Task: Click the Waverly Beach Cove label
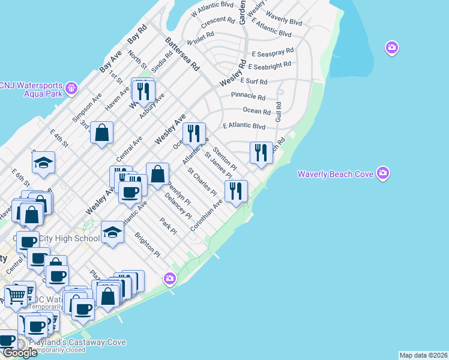(336, 175)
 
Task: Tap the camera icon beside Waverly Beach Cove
(384, 174)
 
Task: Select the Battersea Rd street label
(182, 55)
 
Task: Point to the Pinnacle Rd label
(248, 97)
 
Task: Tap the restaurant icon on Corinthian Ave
(236, 191)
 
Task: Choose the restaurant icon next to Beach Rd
(261, 152)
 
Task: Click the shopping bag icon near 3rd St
(102, 133)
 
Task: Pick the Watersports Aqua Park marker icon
(71, 88)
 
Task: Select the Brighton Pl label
(147, 244)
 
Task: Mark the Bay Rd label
(137, 37)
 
